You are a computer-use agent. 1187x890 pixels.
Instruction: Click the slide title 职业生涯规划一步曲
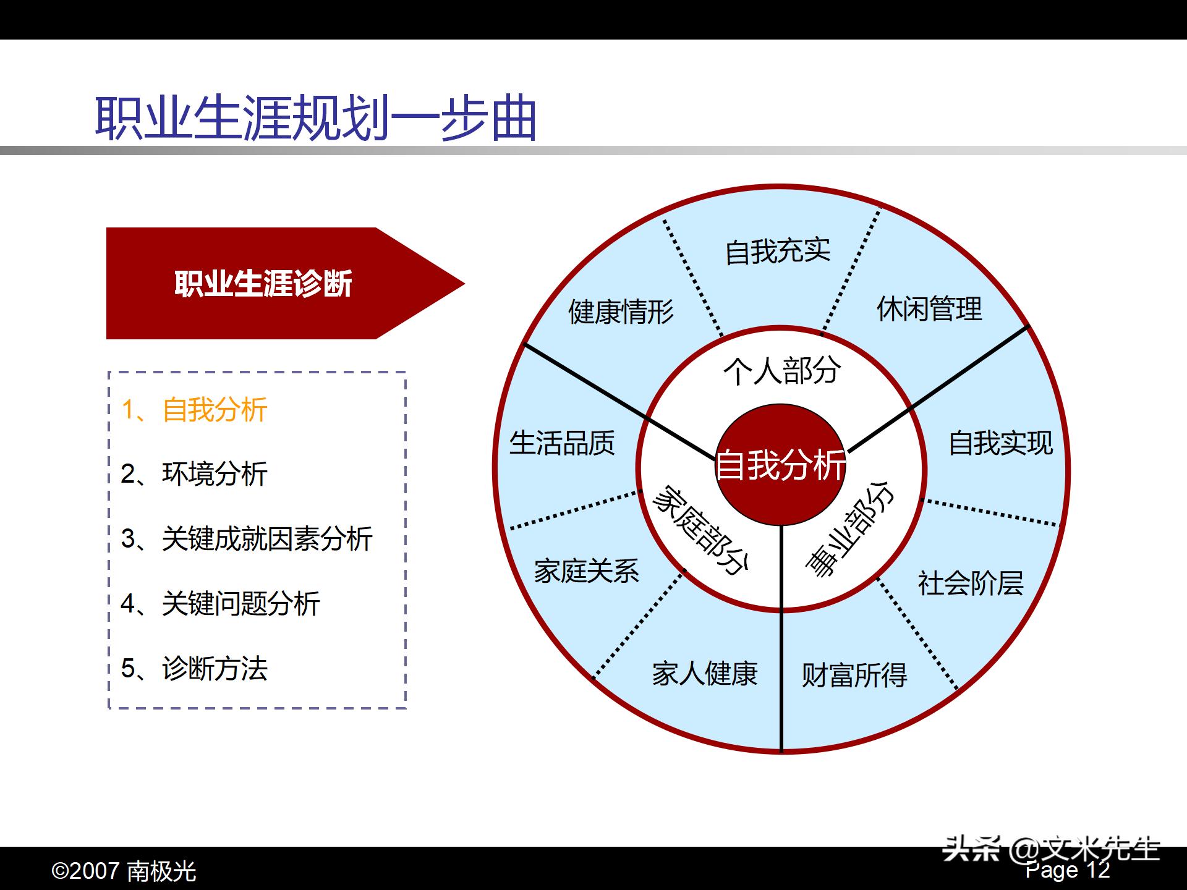315,117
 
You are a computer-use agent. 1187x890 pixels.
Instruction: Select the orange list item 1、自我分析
194,410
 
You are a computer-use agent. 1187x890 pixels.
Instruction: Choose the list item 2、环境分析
194,474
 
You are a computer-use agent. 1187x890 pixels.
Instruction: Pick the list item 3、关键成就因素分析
247,538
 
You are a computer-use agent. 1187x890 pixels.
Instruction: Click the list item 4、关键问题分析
220,603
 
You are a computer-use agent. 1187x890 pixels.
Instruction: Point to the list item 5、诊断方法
194,668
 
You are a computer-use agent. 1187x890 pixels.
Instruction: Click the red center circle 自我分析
780,465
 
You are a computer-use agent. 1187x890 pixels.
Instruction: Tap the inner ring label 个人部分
781,371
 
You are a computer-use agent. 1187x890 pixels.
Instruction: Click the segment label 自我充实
777,251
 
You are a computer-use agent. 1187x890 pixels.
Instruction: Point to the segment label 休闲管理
929,308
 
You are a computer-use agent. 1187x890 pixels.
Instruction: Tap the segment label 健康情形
621,311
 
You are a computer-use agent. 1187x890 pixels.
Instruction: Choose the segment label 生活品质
562,443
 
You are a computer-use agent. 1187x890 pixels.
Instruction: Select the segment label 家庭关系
586,570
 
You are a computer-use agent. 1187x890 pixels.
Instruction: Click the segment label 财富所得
854,675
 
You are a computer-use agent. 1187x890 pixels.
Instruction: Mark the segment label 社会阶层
970,583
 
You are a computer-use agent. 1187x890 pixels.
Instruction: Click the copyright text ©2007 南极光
124,871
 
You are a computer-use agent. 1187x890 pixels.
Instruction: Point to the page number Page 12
1068,870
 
